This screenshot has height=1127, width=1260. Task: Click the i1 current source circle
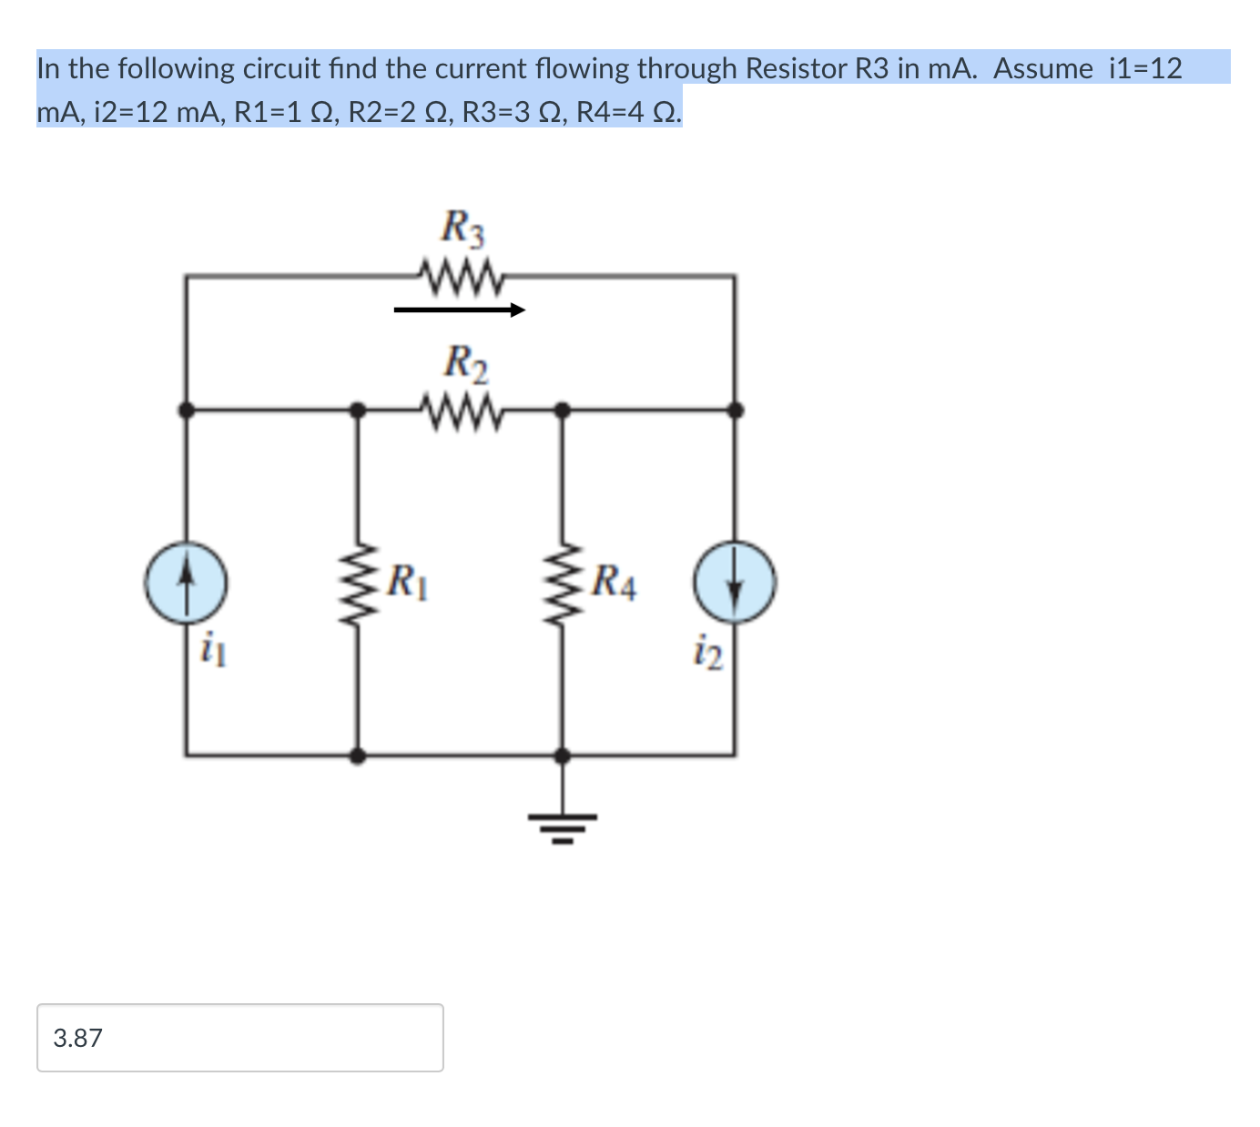[x=186, y=583]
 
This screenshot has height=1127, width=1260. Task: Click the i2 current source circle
[x=735, y=582]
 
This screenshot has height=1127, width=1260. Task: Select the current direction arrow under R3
[x=460, y=310]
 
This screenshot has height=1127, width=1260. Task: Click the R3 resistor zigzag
[x=460, y=274]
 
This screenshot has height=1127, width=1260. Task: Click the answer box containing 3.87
[x=239, y=1038]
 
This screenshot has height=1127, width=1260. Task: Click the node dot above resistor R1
[x=359, y=411]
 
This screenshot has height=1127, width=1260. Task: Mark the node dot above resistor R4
[x=563, y=411]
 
